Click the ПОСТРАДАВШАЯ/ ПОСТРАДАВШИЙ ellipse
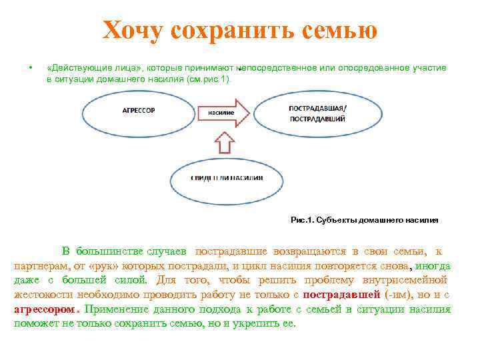pos(317,113)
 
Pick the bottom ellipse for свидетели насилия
pos(227,178)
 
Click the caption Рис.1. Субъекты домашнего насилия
pos(365,219)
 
